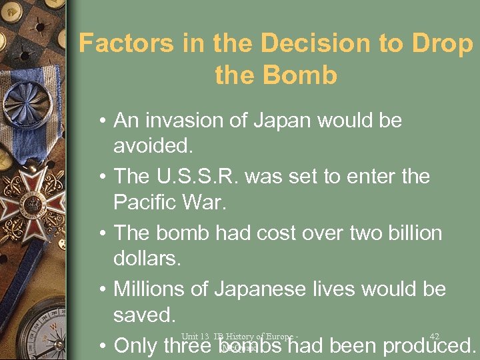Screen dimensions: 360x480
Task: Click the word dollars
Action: click(x=147, y=257)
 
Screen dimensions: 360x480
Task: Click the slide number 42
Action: click(x=435, y=336)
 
